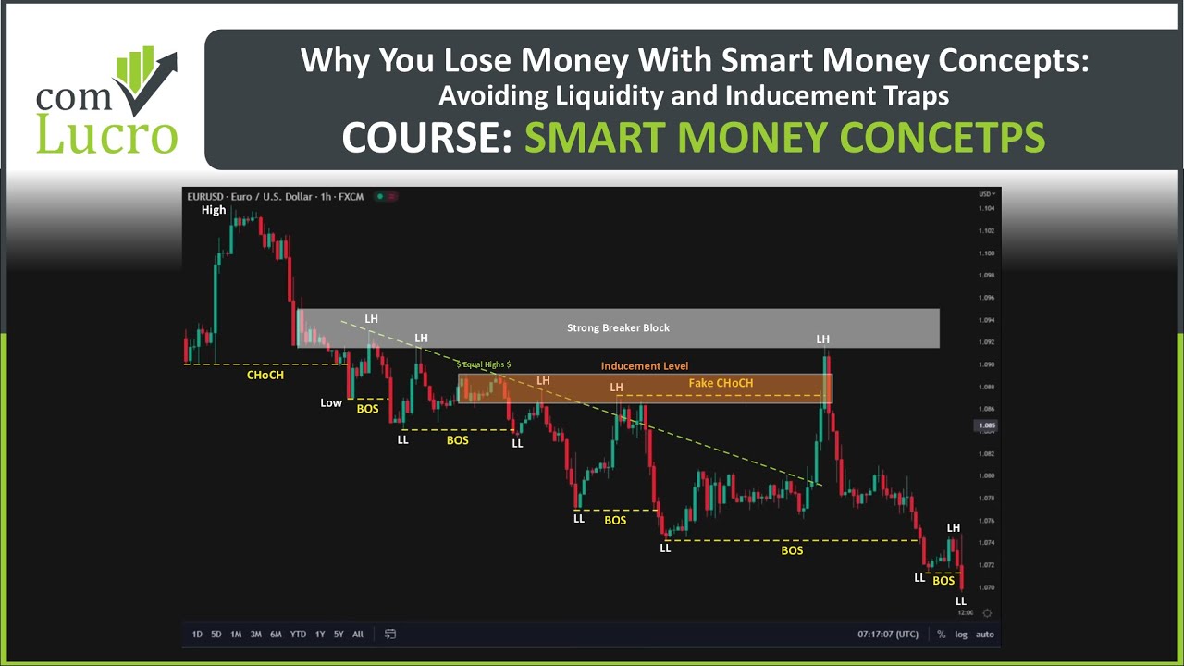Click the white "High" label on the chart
pos(214,210)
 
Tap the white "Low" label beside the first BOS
pos(331,402)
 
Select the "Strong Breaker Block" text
pos(618,327)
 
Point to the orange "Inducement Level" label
pos(645,365)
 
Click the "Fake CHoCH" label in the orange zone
pos(721,383)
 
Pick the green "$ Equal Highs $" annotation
pos(483,364)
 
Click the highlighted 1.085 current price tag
pos(986,426)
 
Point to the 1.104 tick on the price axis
pos(986,209)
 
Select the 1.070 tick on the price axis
pos(986,587)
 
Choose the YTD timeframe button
pos(298,635)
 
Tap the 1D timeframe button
pos(197,635)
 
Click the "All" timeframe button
pos(358,635)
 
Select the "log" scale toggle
pos(962,635)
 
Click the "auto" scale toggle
pos(985,635)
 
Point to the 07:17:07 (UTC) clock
pos(888,635)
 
